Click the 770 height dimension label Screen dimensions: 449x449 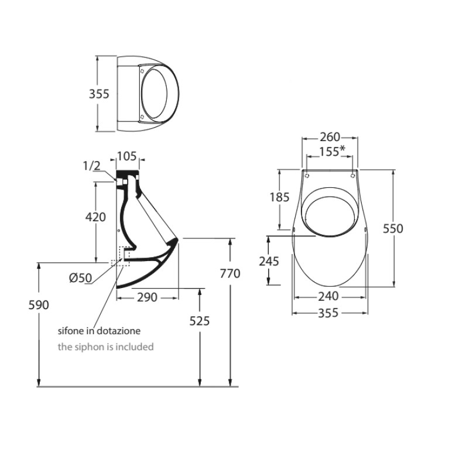(230, 273)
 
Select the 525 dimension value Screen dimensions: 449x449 (200, 321)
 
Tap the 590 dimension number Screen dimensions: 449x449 (39, 305)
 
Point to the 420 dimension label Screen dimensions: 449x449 (95, 217)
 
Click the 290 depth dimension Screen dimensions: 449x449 (147, 297)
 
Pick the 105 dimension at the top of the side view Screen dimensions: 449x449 (127, 156)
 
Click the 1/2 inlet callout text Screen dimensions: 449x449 (92, 166)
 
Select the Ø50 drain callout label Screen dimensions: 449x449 (80, 277)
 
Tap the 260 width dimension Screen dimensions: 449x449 (330, 137)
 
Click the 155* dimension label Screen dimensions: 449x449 (332, 152)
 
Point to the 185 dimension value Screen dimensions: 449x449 (279, 197)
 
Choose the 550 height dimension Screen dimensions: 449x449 (393, 228)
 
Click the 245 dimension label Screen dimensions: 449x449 (269, 262)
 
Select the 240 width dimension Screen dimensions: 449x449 (328, 296)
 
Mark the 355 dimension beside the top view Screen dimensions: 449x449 (99, 94)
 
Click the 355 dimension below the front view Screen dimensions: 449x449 (328, 313)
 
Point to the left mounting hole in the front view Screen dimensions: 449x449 (307, 176)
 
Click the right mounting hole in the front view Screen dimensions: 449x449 (353, 176)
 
